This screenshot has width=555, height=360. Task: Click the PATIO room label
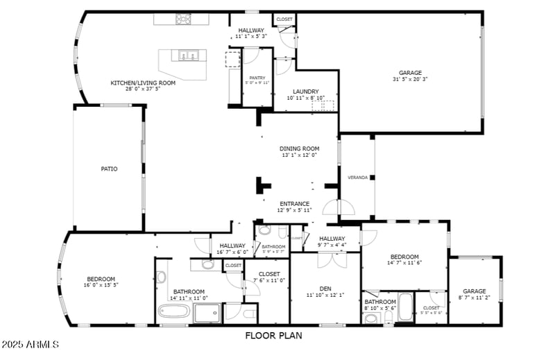109,169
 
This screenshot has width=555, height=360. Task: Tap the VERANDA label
357,178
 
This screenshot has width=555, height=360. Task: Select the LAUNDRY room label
305,92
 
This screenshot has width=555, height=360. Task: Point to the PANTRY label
257,78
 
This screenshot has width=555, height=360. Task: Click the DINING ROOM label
299,148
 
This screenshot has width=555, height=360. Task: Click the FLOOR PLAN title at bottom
274,336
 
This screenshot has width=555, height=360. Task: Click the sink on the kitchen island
187,55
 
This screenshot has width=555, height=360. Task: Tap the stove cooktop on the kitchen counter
182,19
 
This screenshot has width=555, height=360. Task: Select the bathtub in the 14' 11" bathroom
173,311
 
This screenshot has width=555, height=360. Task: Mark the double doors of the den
330,260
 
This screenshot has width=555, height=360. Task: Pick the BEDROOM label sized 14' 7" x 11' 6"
404,256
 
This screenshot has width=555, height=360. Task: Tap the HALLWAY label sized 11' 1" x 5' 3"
250,31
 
